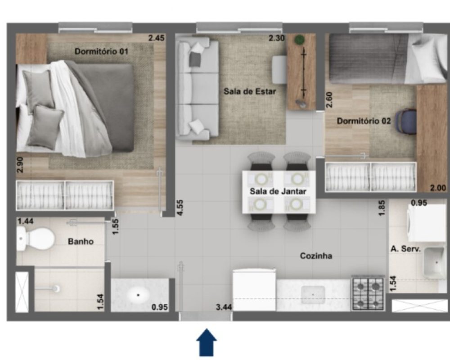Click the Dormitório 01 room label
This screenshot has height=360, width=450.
click(x=101, y=52)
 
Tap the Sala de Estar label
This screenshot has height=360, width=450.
click(x=250, y=92)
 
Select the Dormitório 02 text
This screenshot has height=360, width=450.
click(x=364, y=121)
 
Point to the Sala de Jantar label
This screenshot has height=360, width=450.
click(x=278, y=192)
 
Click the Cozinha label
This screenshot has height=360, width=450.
click(x=316, y=256)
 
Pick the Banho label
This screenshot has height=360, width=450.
click(x=81, y=242)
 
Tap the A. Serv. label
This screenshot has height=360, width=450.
click(x=405, y=249)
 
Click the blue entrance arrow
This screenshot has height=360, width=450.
click(x=207, y=342)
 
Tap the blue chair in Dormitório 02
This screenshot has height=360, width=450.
click(x=406, y=122)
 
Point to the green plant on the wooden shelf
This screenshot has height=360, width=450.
click(x=300, y=39)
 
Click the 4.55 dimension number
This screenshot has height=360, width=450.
click(x=180, y=207)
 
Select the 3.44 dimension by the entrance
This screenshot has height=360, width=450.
click(x=224, y=307)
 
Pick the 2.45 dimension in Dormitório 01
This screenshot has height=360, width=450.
click(x=157, y=38)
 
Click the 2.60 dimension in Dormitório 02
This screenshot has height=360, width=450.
click(x=329, y=100)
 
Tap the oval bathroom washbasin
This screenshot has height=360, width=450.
click(x=138, y=295)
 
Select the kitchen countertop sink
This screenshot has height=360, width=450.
click(x=313, y=295)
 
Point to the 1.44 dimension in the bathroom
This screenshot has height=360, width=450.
click(x=26, y=221)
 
